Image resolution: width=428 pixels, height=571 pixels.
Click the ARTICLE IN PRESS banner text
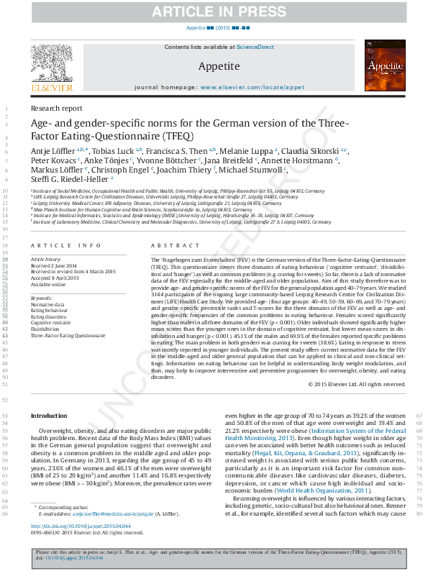(214, 13)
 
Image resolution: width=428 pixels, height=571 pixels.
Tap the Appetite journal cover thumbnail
(376, 66)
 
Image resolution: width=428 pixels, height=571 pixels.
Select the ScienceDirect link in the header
(256, 47)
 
